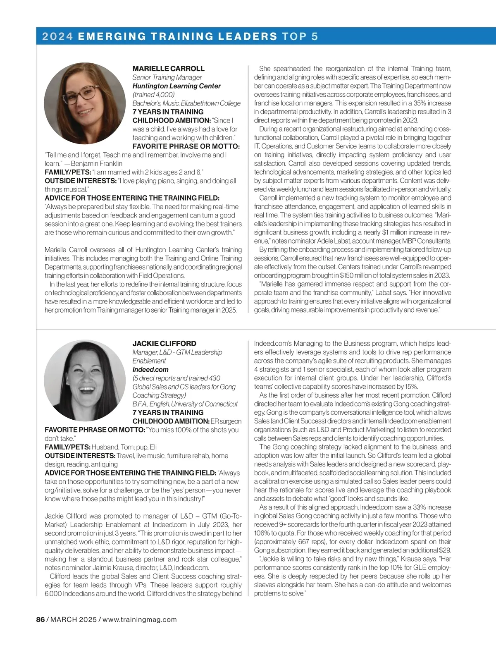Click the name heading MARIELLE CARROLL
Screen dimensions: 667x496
(x=168, y=69)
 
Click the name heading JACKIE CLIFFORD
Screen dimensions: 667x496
(x=164, y=344)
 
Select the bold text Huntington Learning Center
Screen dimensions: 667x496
(x=176, y=86)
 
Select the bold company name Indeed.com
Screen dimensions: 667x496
(x=150, y=370)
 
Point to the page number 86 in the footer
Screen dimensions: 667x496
(x=40, y=619)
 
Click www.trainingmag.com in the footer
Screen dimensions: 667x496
(x=140, y=619)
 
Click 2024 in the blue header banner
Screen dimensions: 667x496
(x=57, y=36)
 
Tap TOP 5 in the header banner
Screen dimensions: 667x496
(x=300, y=36)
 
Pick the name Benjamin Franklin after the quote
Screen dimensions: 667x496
(x=97, y=163)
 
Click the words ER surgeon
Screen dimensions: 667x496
(x=226, y=421)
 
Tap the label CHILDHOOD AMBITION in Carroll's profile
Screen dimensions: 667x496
(x=171, y=120)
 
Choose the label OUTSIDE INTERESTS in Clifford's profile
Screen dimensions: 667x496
(x=80, y=456)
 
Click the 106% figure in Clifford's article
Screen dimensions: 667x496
(x=261, y=533)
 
